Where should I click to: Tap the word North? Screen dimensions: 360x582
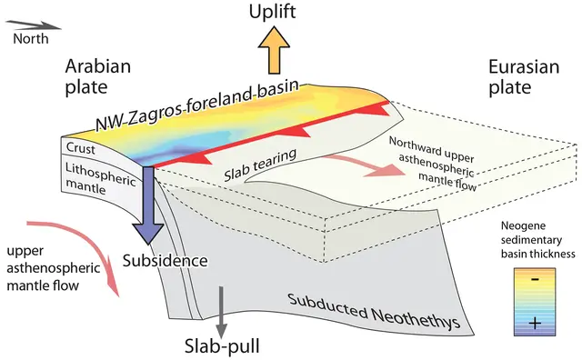click(30, 38)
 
